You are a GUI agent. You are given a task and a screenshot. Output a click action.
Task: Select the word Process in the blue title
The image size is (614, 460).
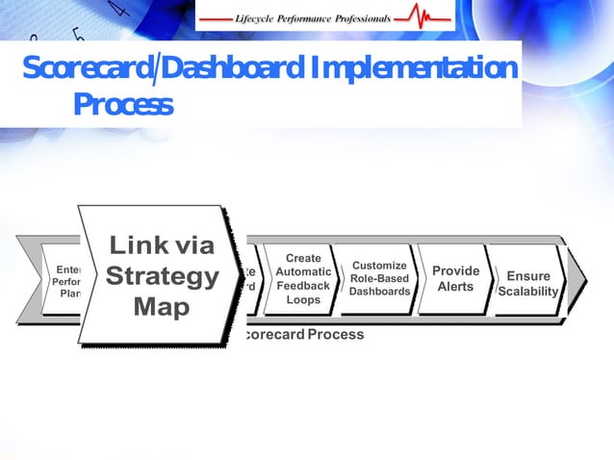(x=123, y=104)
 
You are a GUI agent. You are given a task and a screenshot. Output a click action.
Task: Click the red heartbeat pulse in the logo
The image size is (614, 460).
(x=424, y=15)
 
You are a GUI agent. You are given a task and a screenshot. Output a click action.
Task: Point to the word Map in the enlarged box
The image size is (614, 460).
(x=161, y=308)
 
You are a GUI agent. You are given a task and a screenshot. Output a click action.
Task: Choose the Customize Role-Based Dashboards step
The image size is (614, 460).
(x=378, y=278)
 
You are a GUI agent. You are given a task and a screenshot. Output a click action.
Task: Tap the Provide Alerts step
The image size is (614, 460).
(x=455, y=278)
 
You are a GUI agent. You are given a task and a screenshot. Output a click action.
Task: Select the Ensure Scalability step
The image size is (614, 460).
(x=528, y=283)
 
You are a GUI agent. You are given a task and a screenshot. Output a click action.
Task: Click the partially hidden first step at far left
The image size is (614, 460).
(x=64, y=280)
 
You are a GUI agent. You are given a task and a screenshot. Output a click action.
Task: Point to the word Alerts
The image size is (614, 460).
(x=455, y=287)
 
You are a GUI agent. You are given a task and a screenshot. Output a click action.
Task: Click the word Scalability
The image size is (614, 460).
(x=528, y=292)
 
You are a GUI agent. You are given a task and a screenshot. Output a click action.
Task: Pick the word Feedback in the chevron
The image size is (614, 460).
(x=303, y=286)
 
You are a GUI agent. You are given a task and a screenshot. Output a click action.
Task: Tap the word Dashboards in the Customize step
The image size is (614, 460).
(x=379, y=292)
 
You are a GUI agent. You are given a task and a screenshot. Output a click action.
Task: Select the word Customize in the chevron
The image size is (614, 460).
(x=379, y=265)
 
